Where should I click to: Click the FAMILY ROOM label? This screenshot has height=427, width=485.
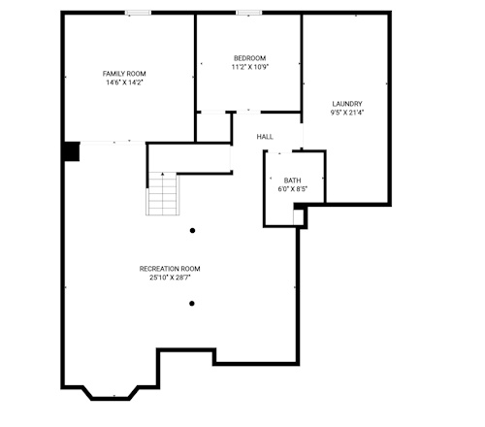[124, 74]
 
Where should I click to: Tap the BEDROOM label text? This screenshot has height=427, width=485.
[250, 58]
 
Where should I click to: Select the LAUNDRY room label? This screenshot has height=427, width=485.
[347, 104]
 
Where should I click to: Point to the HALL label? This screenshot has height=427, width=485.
[265, 137]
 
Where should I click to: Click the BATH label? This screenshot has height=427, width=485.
[292, 181]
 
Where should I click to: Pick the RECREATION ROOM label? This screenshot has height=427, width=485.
[170, 269]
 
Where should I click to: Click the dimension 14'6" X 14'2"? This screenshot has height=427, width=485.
[124, 82]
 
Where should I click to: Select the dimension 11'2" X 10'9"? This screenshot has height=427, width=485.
[250, 67]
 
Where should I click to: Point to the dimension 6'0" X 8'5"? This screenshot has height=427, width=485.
[292, 189]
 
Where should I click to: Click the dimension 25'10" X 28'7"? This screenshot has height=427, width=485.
[170, 278]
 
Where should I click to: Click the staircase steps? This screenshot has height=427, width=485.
[163, 194]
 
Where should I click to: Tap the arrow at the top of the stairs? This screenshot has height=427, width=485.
[163, 174]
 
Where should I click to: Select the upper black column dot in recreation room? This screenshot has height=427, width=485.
[192, 231]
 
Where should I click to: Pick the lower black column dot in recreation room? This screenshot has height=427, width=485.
[192, 304]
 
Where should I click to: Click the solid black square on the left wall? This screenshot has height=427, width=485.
[72, 151]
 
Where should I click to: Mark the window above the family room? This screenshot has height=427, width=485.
[138, 13]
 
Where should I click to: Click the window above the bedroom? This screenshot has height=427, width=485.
[249, 13]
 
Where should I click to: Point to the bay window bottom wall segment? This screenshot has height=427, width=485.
[111, 398]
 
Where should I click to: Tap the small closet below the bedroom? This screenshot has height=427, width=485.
[213, 127]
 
